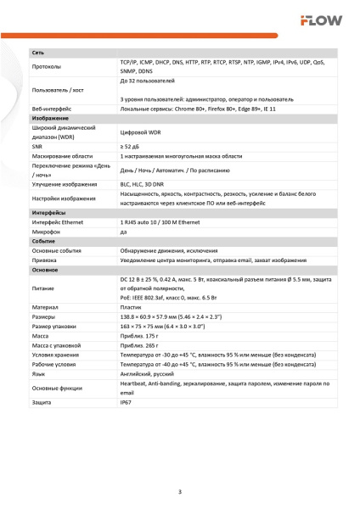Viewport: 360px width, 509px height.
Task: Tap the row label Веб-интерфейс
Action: pos(51,109)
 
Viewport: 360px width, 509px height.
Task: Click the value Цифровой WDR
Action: pos(141,132)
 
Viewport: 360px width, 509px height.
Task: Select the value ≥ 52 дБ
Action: pos(130,147)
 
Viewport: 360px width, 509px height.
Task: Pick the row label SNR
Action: pos(37,147)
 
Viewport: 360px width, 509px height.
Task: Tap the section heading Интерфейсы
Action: pos(49,212)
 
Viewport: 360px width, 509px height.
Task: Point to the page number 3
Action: pos(179,492)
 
